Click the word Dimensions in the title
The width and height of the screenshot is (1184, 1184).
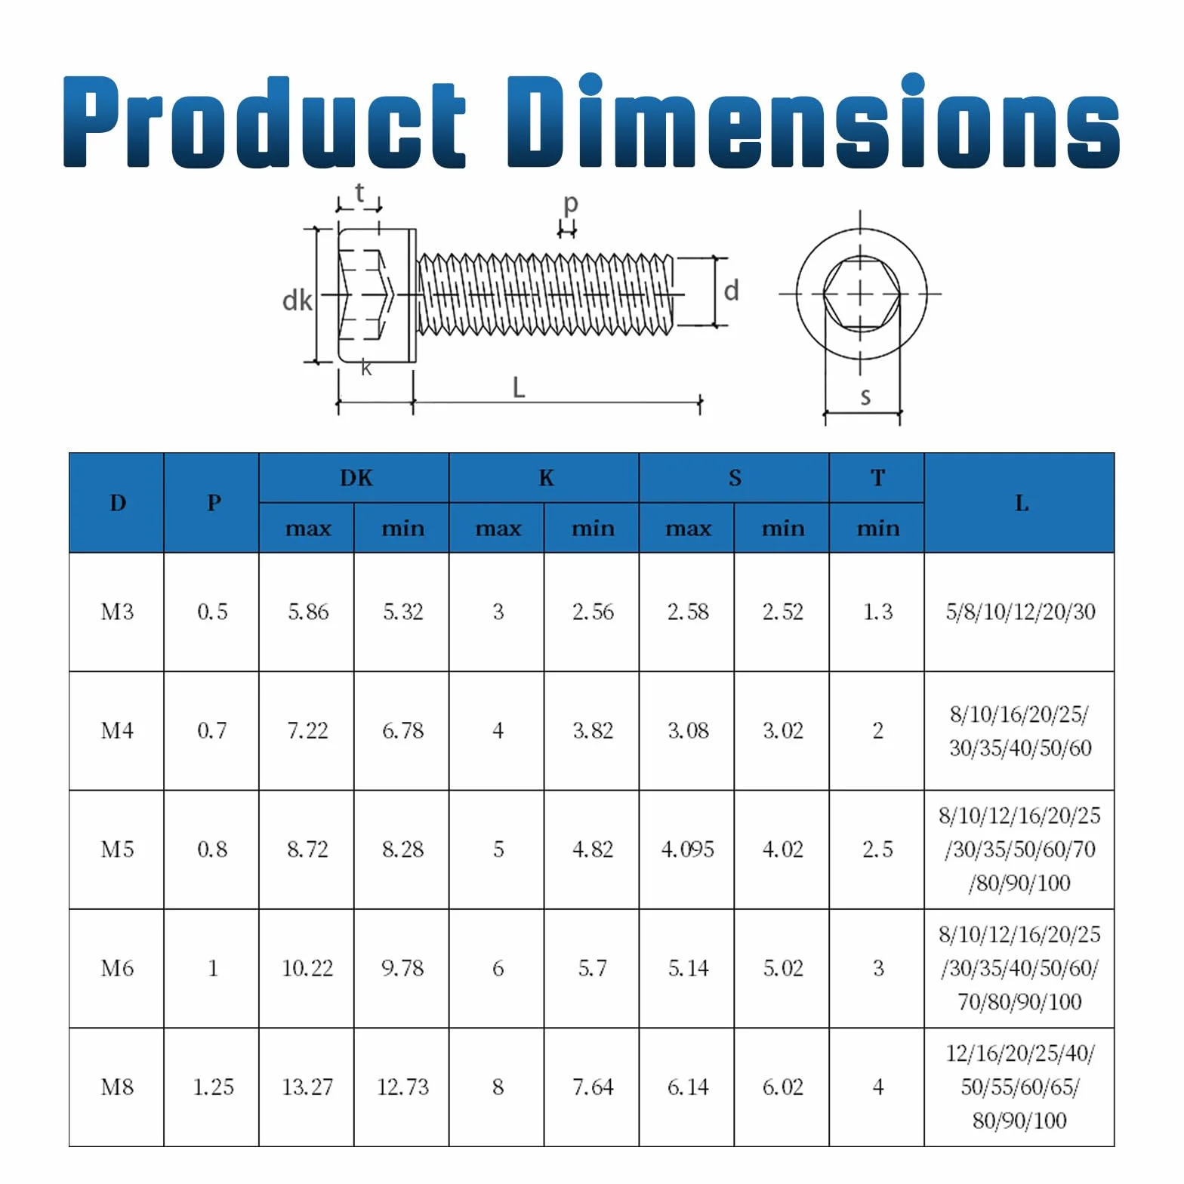click(x=813, y=121)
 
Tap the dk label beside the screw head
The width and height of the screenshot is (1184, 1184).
click(x=297, y=301)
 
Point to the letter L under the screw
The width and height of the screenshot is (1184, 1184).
click(x=518, y=387)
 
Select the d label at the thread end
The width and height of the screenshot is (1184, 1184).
click(x=731, y=291)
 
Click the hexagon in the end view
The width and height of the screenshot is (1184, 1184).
click(x=861, y=293)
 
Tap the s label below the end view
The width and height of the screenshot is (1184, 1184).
click(x=865, y=396)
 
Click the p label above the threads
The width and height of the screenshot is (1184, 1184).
click(x=571, y=204)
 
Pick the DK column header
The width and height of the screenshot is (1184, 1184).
click(x=356, y=478)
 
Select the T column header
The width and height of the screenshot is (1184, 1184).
click(x=877, y=478)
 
